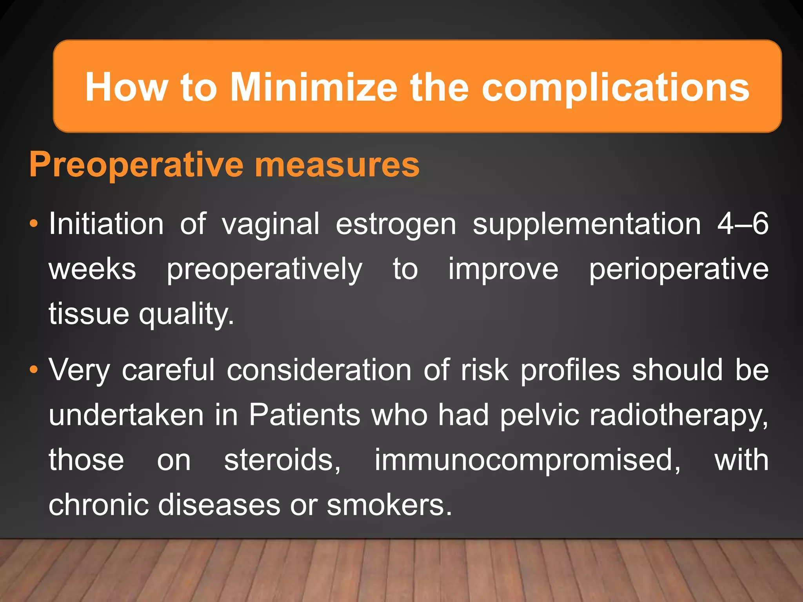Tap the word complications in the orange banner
tap(615, 88)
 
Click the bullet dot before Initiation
tap(34, 224)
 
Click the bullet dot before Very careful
tap(34, 370)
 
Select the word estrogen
tap(396, 225)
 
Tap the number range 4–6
tap(743, 224)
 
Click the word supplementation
tap(587, 225)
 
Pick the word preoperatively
tap(264, 270)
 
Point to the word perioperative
tap(679, 270)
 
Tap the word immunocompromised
tap(527, 460)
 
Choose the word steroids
tap(282, 460)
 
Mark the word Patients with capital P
tap(305, 415)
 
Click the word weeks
tap(93, 269)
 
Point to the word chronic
tap(98, 505)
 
